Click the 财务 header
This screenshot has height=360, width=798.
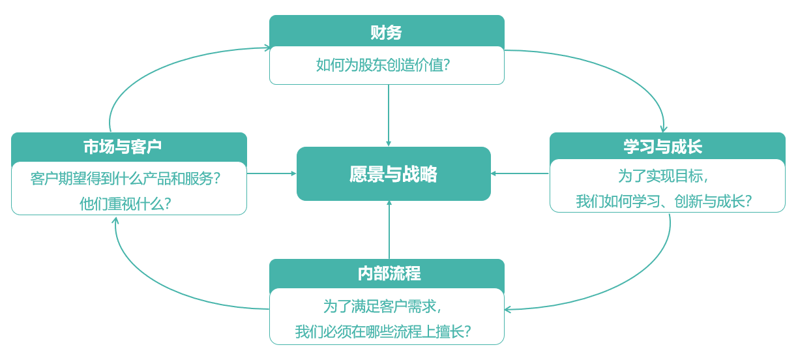pyautogui.click(x=387, y=32)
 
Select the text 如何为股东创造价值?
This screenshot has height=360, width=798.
pyautogui.click(x=387, y=65)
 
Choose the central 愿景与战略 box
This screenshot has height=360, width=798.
pyautogui.click(x=393, y=174)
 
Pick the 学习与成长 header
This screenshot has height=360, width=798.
pyautogui.click(x=667, y=147)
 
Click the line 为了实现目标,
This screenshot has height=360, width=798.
pyautogui.click(x=667, y=176)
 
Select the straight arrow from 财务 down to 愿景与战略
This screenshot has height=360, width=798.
pyautogui.click(x=389, y=115)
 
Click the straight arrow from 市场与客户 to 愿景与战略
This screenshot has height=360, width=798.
pyautogui.click(x=271, y=173)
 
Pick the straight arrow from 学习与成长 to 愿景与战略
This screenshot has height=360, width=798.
pyautogui.click(x=520, y=173)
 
